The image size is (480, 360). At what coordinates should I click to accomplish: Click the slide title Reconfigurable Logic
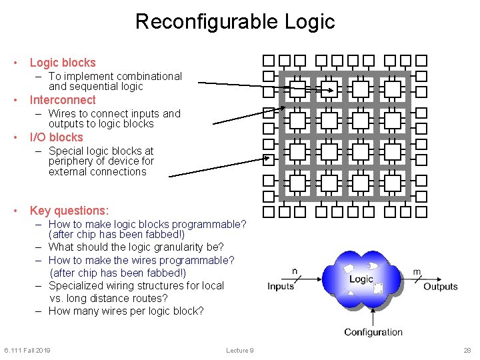[x=235, y=21]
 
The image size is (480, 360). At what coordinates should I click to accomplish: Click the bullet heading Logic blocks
[x=63, y=63]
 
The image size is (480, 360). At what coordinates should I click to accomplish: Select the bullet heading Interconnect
[x=63, y=100]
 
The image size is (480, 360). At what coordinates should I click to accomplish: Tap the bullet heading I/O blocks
[x=56, y=137]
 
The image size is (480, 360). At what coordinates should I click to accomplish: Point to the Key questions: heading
[x=69, y=211]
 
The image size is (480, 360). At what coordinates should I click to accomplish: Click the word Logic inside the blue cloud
[x=361, y=279]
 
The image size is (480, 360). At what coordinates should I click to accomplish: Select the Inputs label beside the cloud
[x=281, y=287]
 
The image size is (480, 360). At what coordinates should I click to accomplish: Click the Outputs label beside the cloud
[x=440, y=287]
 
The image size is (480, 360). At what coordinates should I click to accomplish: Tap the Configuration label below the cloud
[x=373, y=332]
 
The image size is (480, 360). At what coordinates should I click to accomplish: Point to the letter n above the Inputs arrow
[x=295, y=271]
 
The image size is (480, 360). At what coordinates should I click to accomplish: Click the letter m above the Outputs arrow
[x=417, y=271]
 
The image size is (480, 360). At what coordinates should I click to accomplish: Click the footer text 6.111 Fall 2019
[x=27, y=351]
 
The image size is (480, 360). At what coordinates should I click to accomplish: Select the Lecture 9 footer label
[x=239, y=351]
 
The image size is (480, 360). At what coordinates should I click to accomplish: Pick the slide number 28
[x=467, y=351]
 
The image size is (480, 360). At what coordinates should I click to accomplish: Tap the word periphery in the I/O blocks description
[x=71, y=161]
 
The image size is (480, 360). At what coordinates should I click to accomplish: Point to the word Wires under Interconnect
[x=63, y=113]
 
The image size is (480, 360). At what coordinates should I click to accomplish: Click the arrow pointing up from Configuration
[x=372, y=316]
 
